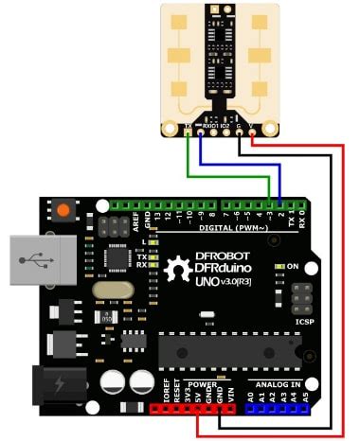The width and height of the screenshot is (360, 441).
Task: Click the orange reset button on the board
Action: tap(64, 209)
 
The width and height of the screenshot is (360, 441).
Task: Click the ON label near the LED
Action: tap(294, 267)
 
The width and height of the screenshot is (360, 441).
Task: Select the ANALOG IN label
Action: tap(276, 383)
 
